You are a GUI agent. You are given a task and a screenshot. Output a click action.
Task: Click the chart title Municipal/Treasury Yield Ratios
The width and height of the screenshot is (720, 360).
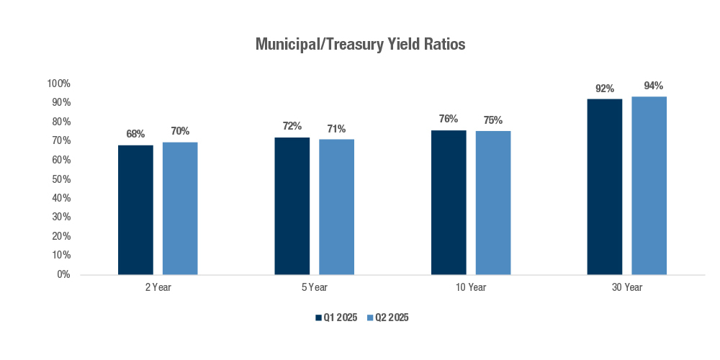(360, 45)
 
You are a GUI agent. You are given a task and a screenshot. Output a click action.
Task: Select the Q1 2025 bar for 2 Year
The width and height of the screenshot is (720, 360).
(135, 210)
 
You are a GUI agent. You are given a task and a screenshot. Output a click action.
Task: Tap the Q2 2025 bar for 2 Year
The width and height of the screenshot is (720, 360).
(180, 208)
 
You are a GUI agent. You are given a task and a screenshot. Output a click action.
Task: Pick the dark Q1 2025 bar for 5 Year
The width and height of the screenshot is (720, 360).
(292, 206)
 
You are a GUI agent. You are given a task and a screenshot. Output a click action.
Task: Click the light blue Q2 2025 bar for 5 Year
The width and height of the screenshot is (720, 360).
(336, 207)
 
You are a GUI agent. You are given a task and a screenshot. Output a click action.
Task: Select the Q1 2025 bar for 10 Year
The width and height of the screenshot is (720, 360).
(449, 202)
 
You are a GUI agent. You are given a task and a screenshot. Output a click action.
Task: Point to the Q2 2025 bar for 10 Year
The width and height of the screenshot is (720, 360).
(493, 203)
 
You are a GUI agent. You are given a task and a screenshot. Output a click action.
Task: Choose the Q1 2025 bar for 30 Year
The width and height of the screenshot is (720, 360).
(605, 186)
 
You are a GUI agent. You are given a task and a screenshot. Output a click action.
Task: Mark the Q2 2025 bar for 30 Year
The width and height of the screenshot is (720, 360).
(649, 186)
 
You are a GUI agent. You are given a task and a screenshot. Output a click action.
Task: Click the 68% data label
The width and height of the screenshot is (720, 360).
(135, 134)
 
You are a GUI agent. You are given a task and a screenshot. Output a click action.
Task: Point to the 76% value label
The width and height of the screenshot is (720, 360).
(449, 120)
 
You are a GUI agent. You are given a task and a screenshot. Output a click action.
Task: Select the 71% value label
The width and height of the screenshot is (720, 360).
(336, 129)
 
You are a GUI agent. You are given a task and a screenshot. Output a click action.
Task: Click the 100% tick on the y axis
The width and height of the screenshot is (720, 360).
(58, 84)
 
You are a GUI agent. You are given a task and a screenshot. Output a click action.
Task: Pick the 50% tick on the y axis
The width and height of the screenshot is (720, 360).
(60, 179)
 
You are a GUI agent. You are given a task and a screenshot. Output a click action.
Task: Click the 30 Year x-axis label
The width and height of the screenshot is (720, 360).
(627, 288)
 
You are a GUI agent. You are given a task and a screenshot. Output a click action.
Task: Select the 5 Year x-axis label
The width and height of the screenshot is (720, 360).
(315, 288)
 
